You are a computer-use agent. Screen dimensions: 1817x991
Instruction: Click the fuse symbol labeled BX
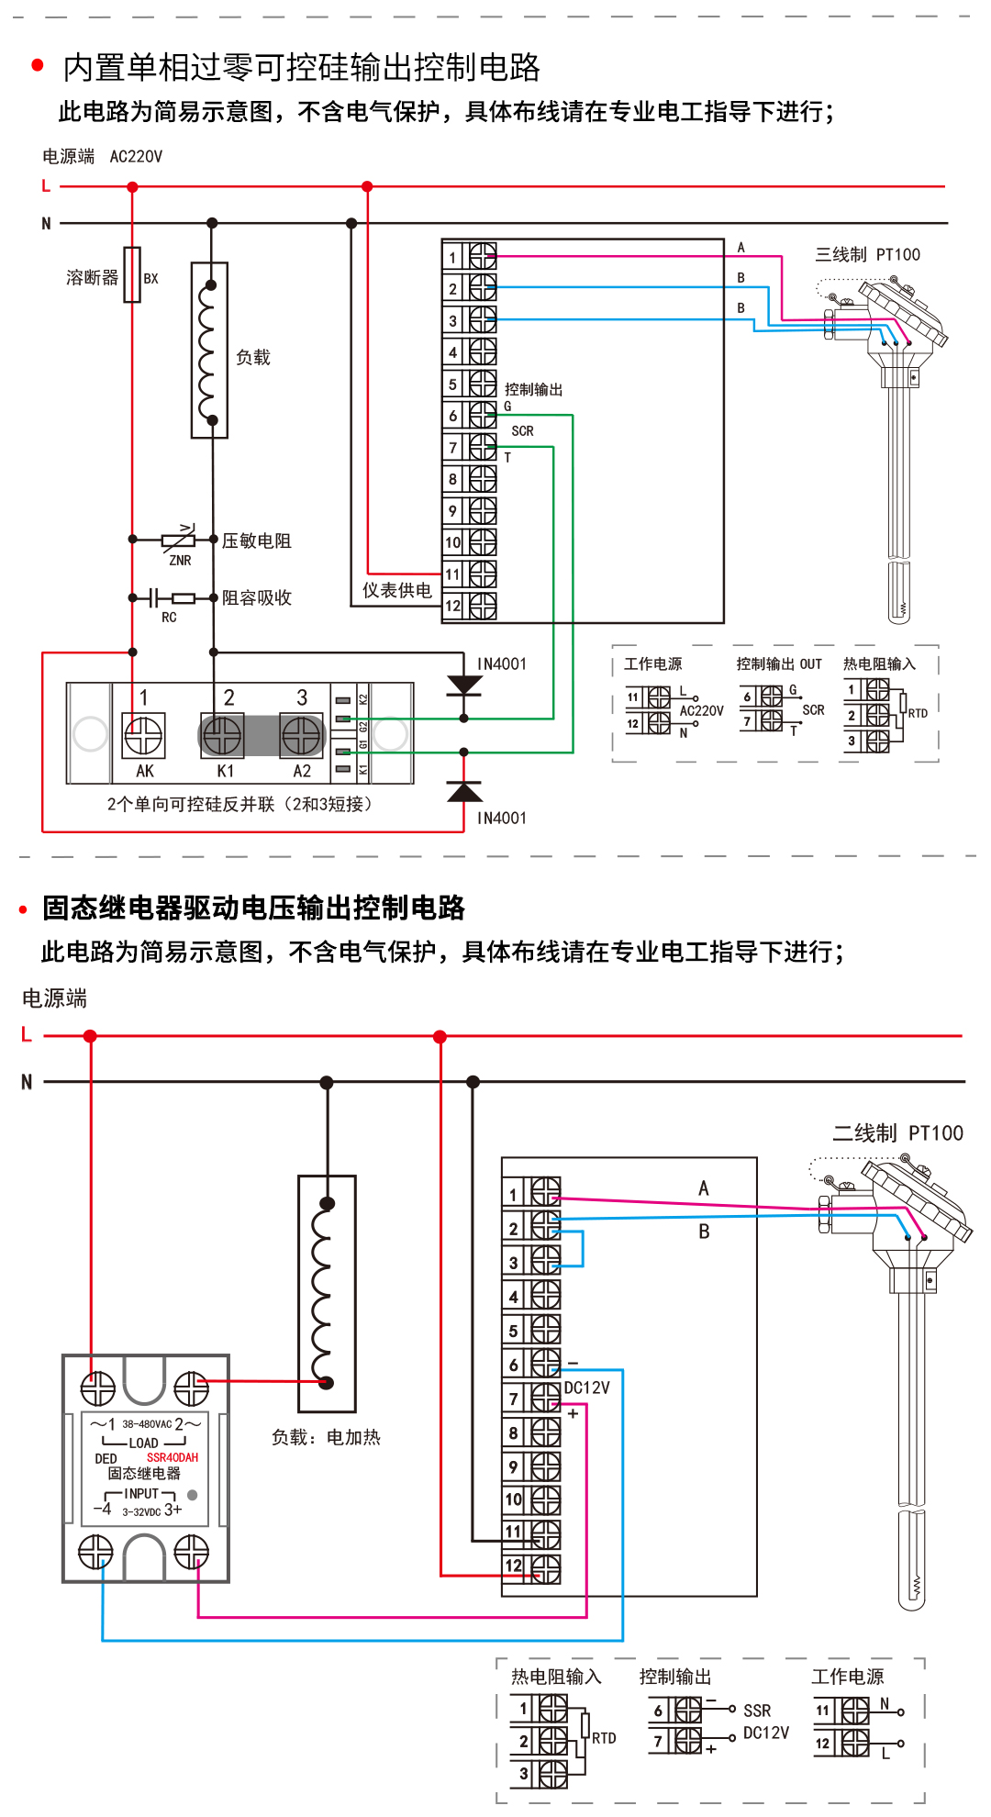coord(132,274)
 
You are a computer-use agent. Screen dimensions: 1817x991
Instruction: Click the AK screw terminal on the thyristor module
coord(143,735)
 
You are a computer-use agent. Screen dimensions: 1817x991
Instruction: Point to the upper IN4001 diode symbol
coord(463,686)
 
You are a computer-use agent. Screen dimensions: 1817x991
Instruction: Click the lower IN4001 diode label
coord(501,818)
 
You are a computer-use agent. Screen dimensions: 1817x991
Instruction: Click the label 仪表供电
coord(396,590)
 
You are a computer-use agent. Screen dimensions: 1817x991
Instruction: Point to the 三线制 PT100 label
coord(867,254)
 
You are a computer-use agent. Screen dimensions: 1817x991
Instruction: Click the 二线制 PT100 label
coord(897,1133)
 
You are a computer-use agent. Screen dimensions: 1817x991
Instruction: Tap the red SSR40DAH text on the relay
coord(173,1457)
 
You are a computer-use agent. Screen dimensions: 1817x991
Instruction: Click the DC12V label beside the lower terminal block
coord(586,1388)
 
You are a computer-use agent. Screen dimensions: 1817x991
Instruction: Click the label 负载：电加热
coord(326,1437)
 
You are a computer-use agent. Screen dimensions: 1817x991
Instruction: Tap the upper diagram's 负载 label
coord(253,357)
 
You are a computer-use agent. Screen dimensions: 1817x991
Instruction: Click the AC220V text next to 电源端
coord(136,157)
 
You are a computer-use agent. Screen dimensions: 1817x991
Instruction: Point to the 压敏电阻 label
coord(257,541)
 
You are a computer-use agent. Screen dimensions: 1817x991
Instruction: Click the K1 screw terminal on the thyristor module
coord(222,735)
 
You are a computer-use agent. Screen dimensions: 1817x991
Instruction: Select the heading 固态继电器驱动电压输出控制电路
coord(253,908)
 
